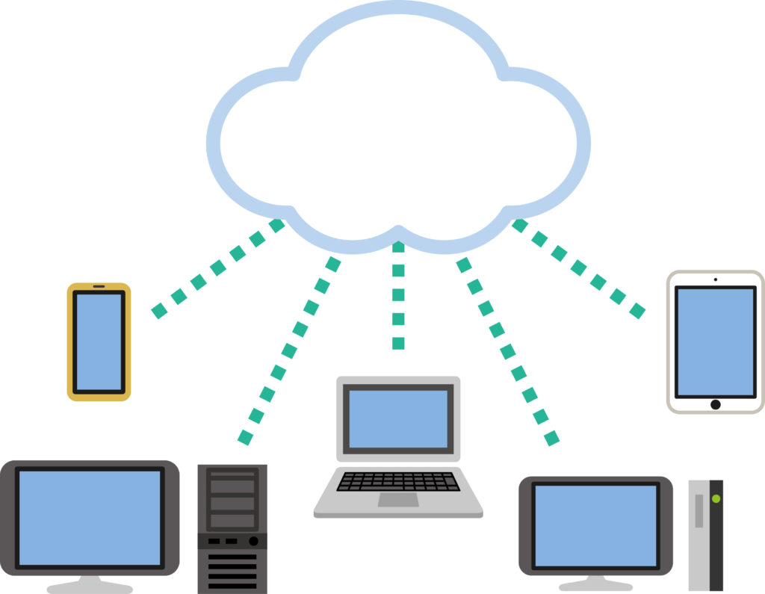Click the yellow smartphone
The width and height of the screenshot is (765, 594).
click(99, 341)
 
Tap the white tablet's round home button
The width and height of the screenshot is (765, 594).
click(715, 404)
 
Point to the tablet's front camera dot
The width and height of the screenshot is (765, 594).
click(715, 280)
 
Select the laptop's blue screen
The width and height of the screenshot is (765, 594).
click(398, 419)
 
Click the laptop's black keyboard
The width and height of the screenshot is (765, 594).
click(398, 482)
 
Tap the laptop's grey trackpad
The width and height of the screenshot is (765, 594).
click(397, 499)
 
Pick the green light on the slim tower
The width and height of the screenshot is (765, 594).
click(716, 498)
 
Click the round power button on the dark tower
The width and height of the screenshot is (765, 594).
click(253, 540)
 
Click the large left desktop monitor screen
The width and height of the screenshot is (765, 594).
click(90, 517)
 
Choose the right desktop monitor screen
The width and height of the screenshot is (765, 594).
click(595, 525)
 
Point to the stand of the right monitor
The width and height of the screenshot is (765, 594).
click(595, 583)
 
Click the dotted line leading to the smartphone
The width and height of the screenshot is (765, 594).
click(217, 268)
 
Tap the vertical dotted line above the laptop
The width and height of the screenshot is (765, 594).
click(398, 295)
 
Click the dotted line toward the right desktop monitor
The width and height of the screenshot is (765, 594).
click(508, 351)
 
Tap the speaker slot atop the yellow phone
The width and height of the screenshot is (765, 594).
click(99, 287)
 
